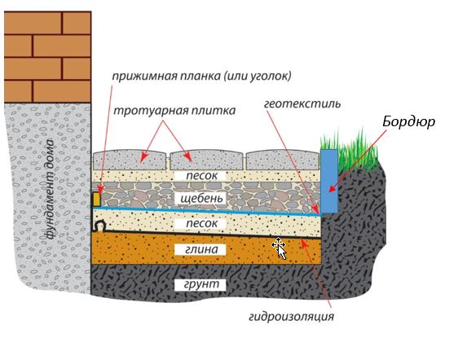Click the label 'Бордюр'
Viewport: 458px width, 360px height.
[408, 122]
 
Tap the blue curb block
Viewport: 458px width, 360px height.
[329, 181]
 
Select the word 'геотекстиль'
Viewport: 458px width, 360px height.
[302, 104]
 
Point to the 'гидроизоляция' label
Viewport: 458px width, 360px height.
[291, 317]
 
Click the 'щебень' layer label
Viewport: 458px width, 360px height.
[201, 198]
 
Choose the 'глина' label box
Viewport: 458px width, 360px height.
[201, 249]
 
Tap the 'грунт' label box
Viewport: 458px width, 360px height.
[201, 285]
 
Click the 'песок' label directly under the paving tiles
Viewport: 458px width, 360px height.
[201, 176]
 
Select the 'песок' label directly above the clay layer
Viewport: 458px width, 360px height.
[201, 224]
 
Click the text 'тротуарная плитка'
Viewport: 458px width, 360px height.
[174, 111]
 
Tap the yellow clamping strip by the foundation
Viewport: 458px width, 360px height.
[97, 200]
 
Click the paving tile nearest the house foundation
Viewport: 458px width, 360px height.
[130, 160]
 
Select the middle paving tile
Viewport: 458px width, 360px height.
[206, 160]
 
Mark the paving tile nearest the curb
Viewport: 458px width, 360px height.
[282, 160]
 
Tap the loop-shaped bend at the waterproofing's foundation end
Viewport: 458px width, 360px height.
[99, 226]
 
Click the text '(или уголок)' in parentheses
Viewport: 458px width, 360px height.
[258, 77]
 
